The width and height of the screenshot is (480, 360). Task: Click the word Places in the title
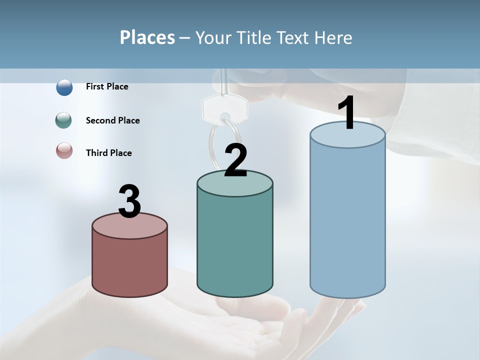(x=147, y=37)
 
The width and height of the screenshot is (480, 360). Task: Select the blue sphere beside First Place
(x=64, y=87)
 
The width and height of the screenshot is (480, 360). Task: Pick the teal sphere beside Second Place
(x=64, y=120)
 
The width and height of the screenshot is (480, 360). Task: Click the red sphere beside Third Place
(x=64, y=150)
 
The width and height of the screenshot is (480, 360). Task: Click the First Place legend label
(x=107, y=86)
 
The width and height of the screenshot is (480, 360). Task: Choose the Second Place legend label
(x=112, y=120)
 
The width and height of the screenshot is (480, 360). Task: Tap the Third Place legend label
(x=108, y=153)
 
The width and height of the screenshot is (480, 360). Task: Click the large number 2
(x=236, y=160)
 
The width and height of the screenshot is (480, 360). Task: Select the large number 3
(x=130, y=201)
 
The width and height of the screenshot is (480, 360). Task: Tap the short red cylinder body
(x=130, y=265)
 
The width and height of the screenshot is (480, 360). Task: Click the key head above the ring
(x=225, y=107)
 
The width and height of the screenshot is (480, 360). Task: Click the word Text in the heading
(x=297, y=37)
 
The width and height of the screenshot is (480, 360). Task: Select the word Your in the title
(x=212, y=37)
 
